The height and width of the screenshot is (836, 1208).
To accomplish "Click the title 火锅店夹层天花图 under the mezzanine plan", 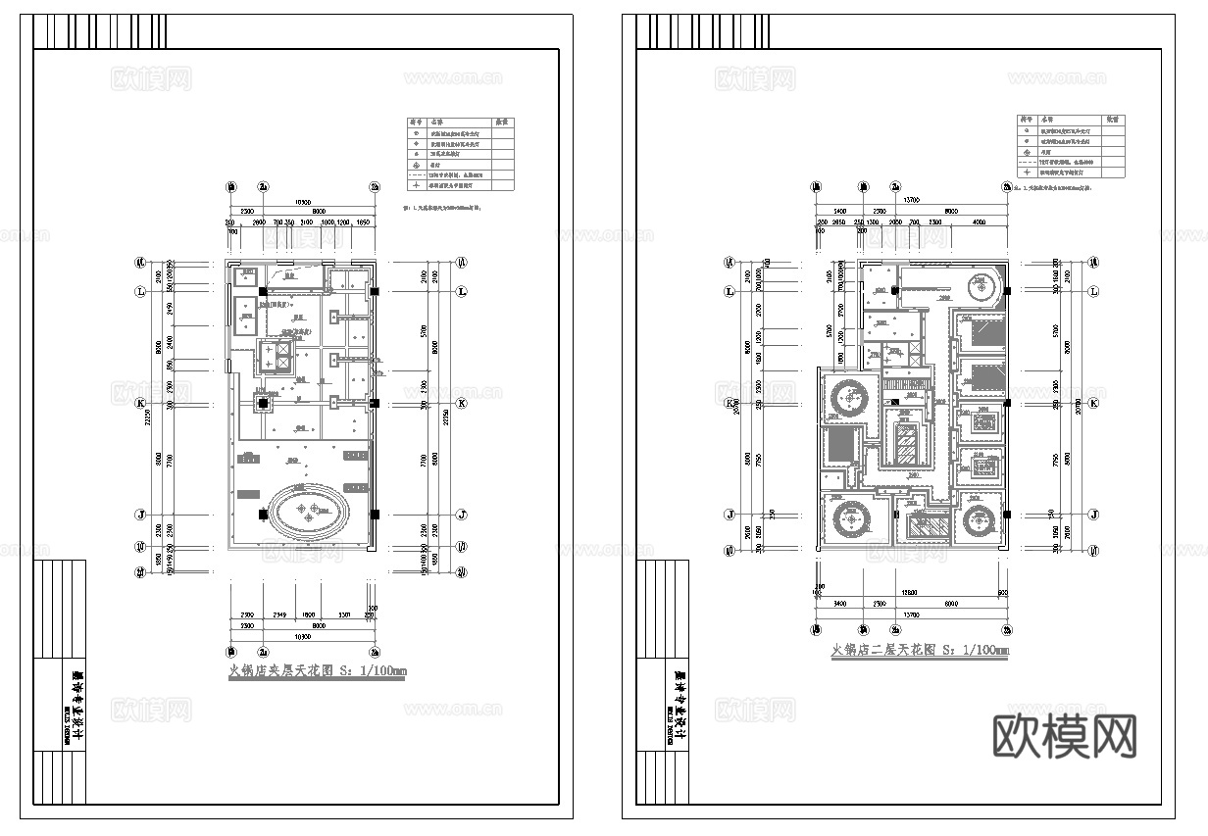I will (x=317, y=672).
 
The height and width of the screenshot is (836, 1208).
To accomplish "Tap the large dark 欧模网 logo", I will (x=1065, y=735).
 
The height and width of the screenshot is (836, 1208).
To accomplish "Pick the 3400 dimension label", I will (x=838, y=605).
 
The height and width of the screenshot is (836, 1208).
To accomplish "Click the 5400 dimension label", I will (x=839, y=211).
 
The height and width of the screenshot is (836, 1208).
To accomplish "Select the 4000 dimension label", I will (x=979, y=222).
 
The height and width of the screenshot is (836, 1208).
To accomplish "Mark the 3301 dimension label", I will (x=343, y=615).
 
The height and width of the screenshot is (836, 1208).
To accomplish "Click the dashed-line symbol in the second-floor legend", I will (x=1027, y=162).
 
